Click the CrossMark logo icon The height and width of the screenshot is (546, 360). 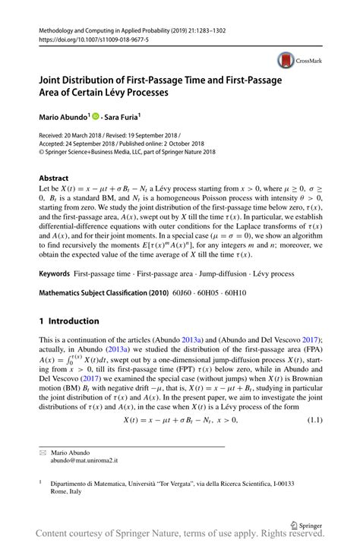tap(286, 59)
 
